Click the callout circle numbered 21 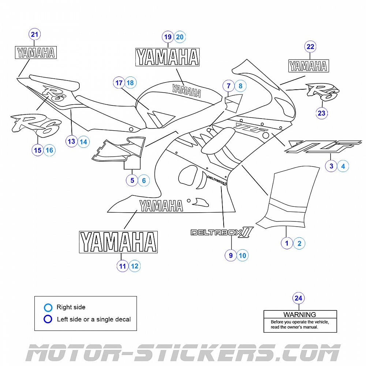(x=35, y=35)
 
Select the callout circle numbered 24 (x=299, y=298)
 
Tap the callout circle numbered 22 (x=310, y=46)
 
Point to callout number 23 (x=322, y=113)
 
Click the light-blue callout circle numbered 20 (x=180, y=37)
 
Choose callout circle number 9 (x=231, y=255)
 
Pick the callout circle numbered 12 (x=135, y=266)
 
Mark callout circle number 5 (x=132, y=180)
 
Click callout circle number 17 (x=119, y=83)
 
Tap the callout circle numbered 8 (x=240, y=86)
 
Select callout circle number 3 (x=331, y=166)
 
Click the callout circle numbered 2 (x=299, y=243)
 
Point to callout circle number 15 (x=37, y=150)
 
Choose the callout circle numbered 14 (x=83, y=141)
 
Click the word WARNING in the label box (x=300, y=314)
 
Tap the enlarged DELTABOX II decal (x=222, y=232)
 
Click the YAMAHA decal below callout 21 (x=35, y=53)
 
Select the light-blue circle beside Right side (x=48, y=307)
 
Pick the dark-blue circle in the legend (x=48, y=319)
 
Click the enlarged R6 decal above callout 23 (x=323, y=92)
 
